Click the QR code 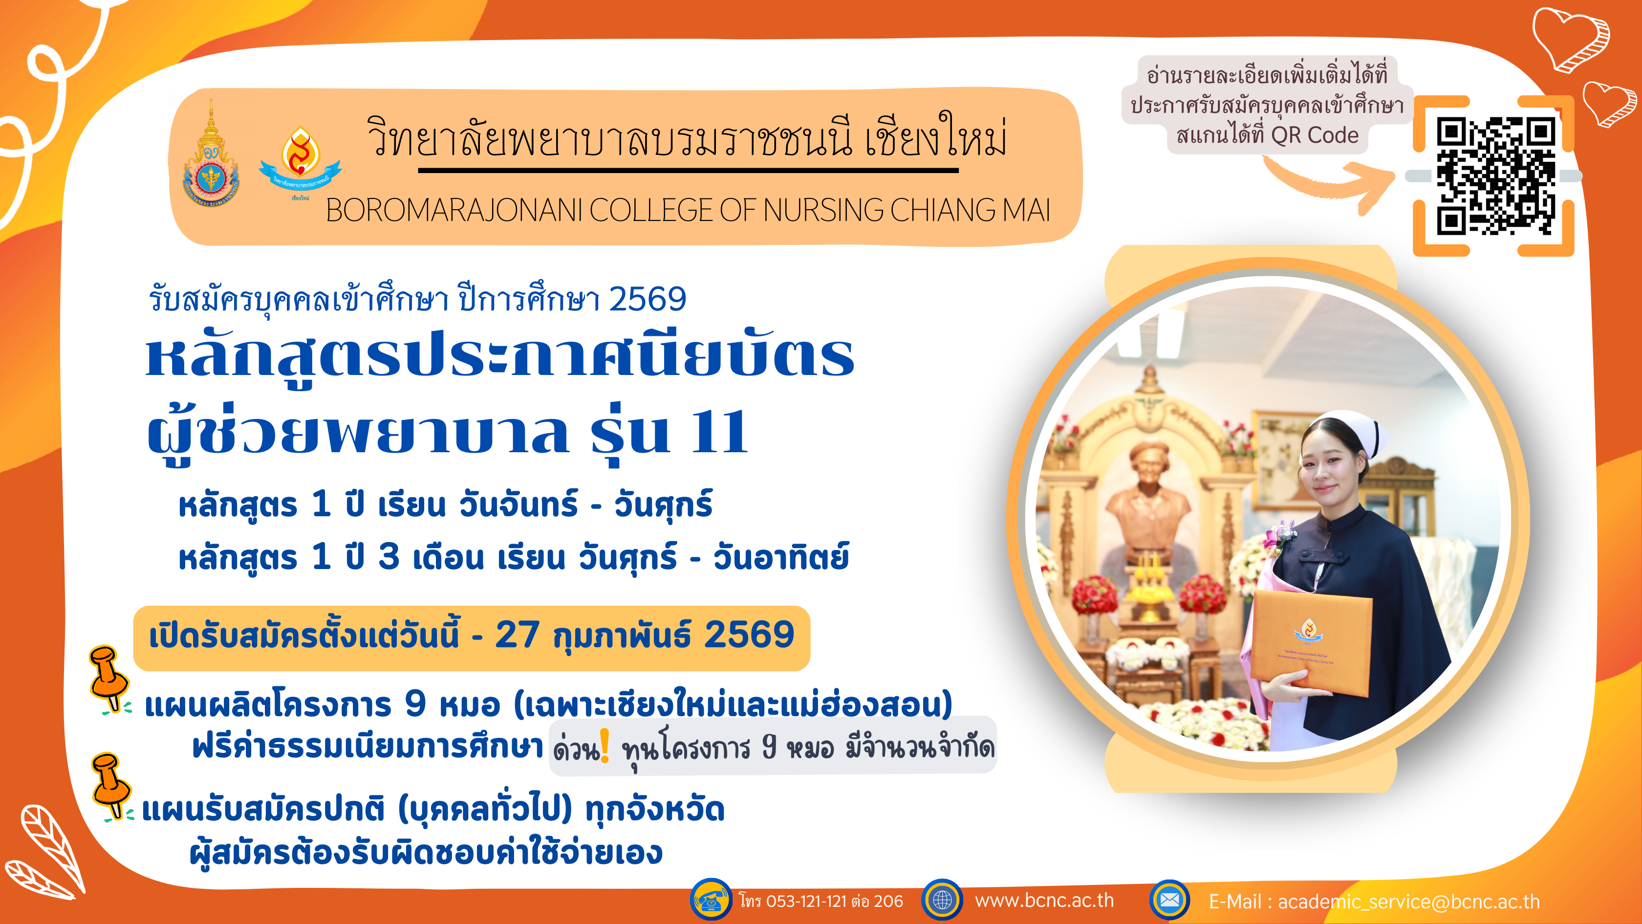1495,176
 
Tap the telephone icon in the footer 711,900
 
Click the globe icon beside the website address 942,900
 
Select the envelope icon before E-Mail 1169,900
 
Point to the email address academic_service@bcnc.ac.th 1409,902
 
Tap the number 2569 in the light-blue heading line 648,299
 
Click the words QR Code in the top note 1315,135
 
